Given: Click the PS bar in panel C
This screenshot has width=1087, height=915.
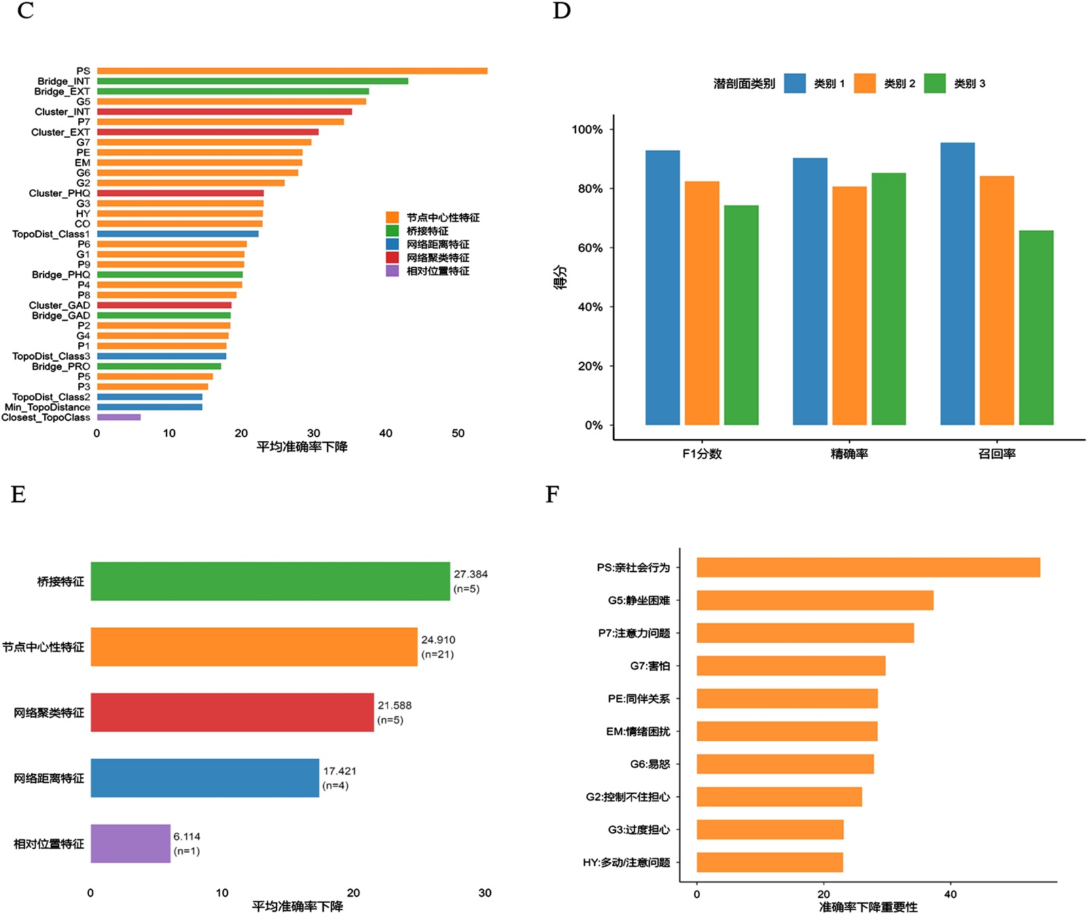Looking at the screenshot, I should (x=292, y=71).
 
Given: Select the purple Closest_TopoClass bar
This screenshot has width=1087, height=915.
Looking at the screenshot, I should (x=119, y=417).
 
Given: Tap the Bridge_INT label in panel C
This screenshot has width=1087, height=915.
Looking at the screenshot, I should (x=63, y=81).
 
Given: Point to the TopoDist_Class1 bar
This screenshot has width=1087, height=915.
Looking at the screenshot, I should (x=177, y=234).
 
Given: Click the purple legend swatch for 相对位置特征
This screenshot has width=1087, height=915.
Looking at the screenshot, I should (x=392, y=271).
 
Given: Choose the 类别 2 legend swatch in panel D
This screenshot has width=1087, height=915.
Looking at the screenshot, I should (x=864, y=83).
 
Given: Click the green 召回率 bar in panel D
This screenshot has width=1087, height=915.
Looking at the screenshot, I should (x=1036, y=328).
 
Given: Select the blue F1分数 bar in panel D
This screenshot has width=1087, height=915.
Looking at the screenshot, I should (x=662, y=288).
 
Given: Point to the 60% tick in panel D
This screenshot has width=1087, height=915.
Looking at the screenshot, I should (x=590, y=248).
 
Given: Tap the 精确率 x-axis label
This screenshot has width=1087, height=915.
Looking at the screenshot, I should (x=849, y=454).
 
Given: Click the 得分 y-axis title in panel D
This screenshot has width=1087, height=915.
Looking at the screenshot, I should (x=560, y=277).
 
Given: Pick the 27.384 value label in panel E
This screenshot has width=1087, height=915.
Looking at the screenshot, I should (x=470, y=574).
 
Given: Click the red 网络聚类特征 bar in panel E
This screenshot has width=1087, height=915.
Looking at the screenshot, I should (x=232, y=712).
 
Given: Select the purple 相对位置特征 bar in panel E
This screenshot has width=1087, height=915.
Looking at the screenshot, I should (x=130, y=844).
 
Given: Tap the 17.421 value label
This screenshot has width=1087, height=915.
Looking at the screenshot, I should (x=340, y=771).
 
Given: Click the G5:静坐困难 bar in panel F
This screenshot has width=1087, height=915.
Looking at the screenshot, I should (x=815, y=600).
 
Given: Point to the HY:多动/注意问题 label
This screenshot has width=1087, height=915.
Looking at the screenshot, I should (x=626, y=863).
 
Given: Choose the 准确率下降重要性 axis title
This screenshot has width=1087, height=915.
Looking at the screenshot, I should (x=868, y=907).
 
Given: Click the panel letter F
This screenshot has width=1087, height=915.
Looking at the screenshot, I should (x=552, y=494).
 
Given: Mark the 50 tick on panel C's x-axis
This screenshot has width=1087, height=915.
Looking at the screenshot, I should (x=458, y=433).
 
